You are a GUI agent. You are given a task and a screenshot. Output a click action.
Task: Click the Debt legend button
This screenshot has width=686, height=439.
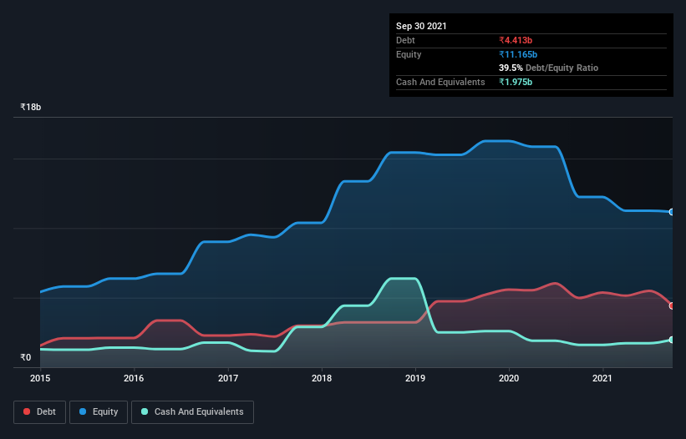(x=38, y=411)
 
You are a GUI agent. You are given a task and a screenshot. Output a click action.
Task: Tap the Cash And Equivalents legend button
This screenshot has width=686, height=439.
(x=192, y=411)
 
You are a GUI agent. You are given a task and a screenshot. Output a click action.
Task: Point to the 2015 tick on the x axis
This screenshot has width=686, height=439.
(x=40, y=378)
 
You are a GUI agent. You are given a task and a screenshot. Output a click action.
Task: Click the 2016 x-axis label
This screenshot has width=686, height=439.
(x=134, y=378)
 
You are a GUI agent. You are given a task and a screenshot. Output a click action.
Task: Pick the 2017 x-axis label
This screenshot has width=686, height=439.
(x=228, y=378)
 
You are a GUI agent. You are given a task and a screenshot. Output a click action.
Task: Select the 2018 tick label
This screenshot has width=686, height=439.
(x=322, y=378)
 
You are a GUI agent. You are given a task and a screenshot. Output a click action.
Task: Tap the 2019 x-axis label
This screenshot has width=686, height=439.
(x=416, y=378)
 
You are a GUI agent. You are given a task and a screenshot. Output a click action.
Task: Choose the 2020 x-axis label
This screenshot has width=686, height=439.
(x=510, y=378)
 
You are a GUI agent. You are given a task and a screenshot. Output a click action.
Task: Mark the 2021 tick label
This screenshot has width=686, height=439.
(x=603, y=378)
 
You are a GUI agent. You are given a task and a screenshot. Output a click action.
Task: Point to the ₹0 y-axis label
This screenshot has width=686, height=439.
(x=25, y=357)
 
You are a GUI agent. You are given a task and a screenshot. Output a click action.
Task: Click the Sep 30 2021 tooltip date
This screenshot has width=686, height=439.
(x=421, y=26)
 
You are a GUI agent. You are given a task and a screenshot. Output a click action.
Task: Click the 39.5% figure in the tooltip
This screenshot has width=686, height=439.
(x=511, y=68)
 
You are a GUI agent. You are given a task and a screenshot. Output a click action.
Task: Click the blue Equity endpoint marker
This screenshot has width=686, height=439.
(x=672, y=212)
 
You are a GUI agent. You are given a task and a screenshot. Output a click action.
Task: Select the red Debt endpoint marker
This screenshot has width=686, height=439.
(x=672, y=305)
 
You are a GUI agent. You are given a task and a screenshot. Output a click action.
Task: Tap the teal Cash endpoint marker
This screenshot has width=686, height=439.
(x=672, y=340)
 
